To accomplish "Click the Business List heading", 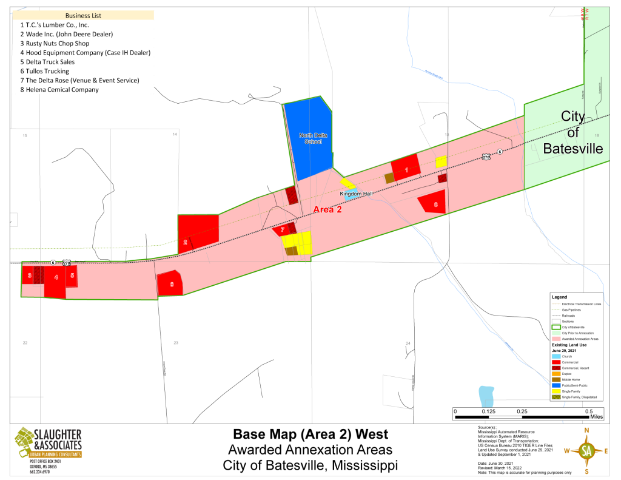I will (x=84, y=15).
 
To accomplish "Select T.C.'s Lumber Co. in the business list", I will (x=55, y=25).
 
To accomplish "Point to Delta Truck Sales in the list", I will (x=49, y=62).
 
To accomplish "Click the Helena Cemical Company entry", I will (x=59, y=90).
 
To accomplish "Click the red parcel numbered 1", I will (x=406, y=170).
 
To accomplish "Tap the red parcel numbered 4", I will (x=55, y=278).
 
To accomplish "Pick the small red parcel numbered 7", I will (x=282, y=229).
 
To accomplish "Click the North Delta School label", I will (x=313, y=138).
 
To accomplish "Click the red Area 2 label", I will (x=327, y=209).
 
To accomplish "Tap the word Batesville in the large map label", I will (x=572, y=149).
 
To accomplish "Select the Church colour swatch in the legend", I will (x=556, y=357).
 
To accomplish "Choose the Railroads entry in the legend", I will (x=569, y=316).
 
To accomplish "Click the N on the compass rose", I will (x=586, y=430).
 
